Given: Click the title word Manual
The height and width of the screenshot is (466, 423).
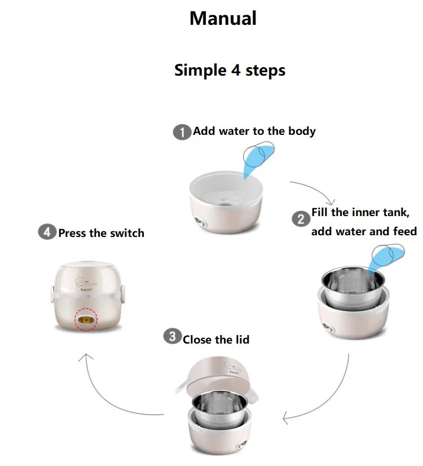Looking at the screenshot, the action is tap(223, 19).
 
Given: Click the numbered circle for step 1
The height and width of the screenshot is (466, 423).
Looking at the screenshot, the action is tap(182, 132).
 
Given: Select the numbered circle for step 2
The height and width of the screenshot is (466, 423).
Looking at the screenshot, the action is tap(301, 219).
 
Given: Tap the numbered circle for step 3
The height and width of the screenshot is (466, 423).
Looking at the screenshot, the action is tap(172, 336).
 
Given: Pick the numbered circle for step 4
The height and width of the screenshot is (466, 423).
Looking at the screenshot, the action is tap(47, 231).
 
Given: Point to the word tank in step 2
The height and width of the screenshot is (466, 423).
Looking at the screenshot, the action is tap(396, 213).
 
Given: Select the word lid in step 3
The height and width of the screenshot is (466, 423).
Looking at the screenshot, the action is tap(242, 340).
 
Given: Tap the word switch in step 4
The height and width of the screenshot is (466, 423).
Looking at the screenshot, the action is tap(127, 233).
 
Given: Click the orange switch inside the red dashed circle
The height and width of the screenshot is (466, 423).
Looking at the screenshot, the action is tap(86, 320).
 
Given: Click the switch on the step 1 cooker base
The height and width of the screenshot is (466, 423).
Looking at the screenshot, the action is tap(201, 222).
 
